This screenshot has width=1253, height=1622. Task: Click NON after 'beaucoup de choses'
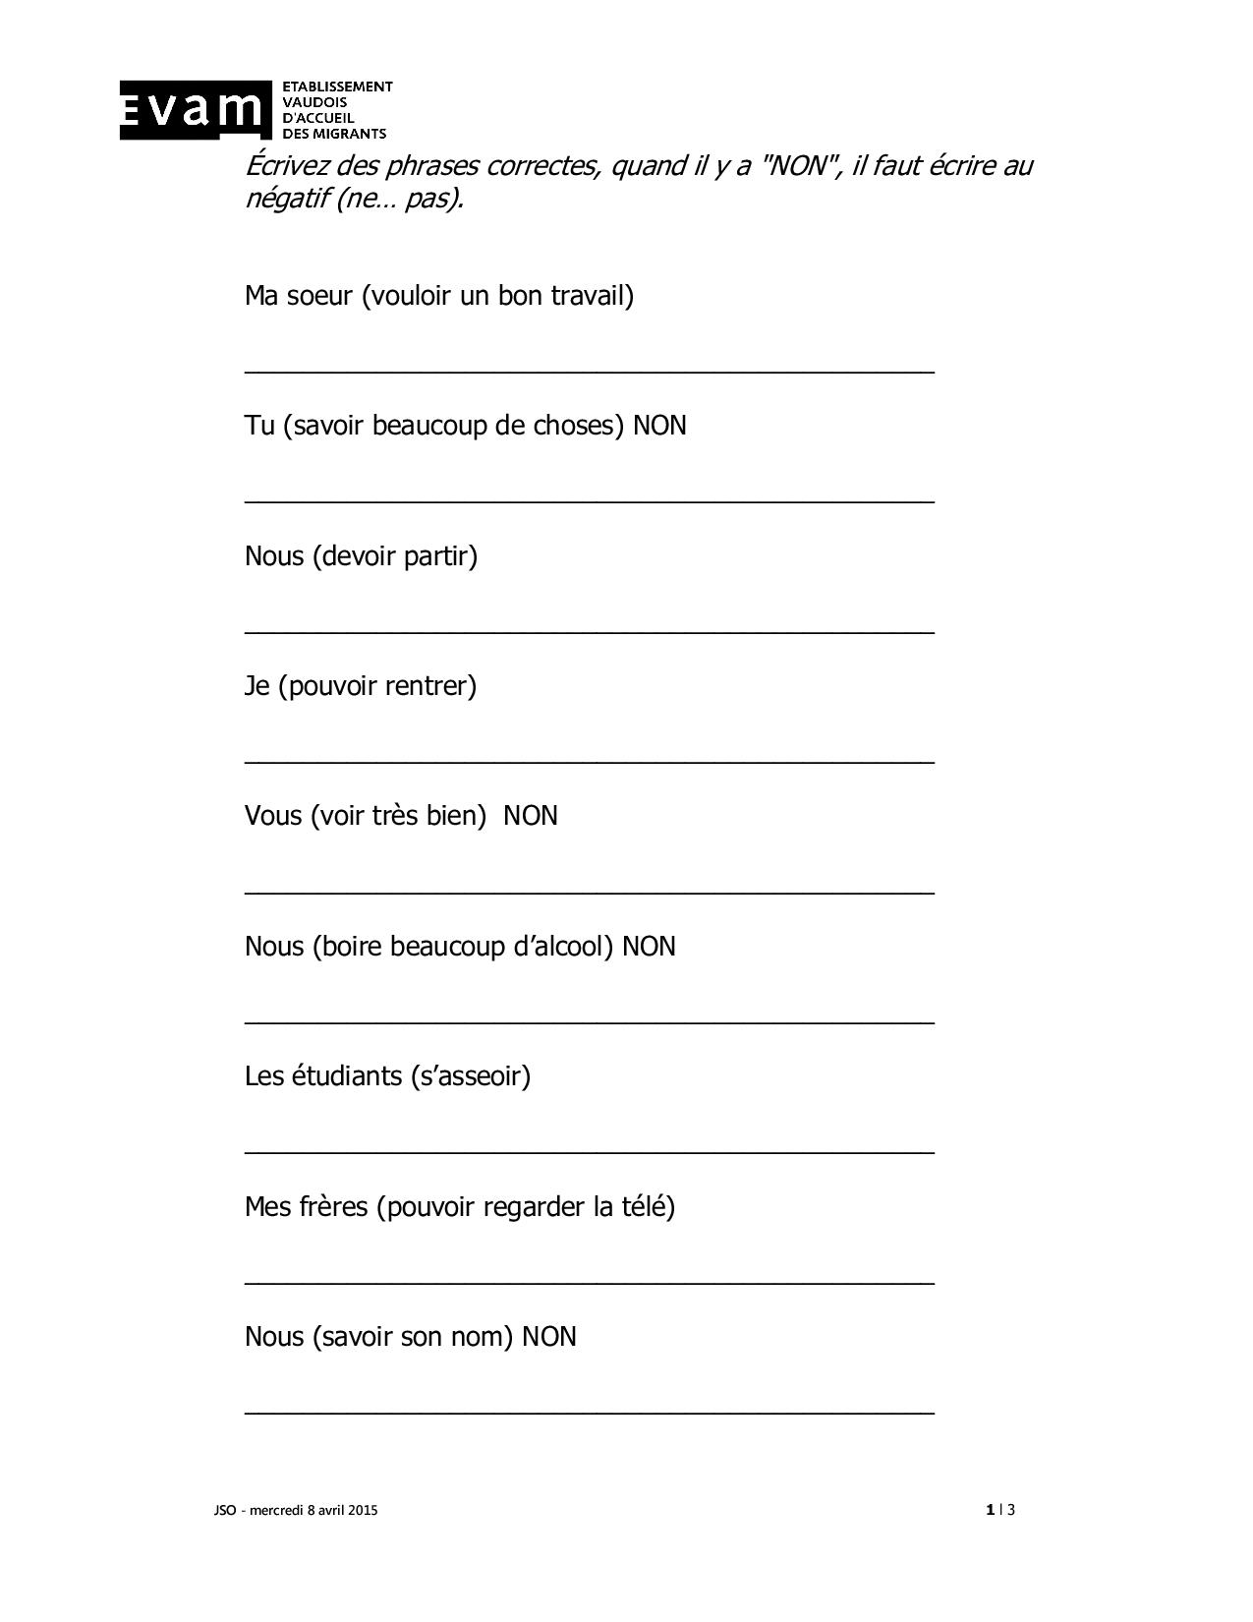(659, 426)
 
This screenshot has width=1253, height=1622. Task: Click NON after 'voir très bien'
(531, 816)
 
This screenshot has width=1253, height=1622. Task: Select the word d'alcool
(557, 946)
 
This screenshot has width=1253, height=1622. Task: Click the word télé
(643, 1206)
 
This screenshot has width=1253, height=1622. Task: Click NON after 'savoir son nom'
(549, 1337)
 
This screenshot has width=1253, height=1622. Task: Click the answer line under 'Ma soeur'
(589, 371)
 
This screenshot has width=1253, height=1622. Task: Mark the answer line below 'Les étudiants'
(589, 1151)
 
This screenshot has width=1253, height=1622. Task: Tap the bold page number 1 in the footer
(989, 1510)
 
